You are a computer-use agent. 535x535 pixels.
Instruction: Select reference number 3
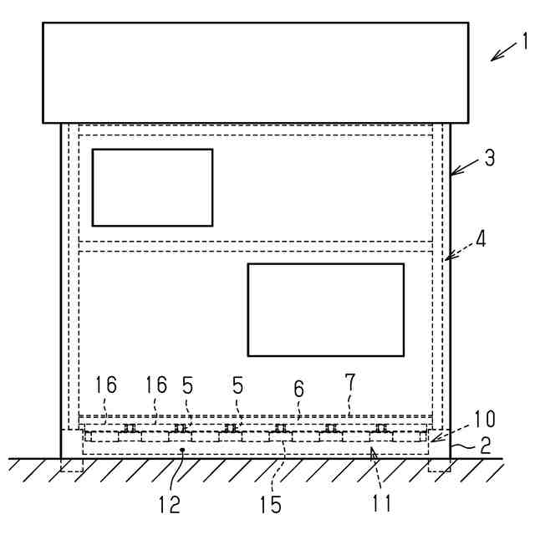point(489,157)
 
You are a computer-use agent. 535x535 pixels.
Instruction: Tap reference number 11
point(383,504)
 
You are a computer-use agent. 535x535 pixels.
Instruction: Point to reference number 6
point(298,389)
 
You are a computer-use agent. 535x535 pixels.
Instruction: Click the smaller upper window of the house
point(152,187)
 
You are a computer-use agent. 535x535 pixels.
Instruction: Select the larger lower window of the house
point(325,309)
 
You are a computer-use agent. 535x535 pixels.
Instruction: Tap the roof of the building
point(255,73)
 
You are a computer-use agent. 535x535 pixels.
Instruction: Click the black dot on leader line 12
point(182,450)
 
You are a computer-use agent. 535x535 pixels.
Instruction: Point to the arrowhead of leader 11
point(372,451)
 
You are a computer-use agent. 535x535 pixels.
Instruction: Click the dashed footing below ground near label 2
point(439,465)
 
